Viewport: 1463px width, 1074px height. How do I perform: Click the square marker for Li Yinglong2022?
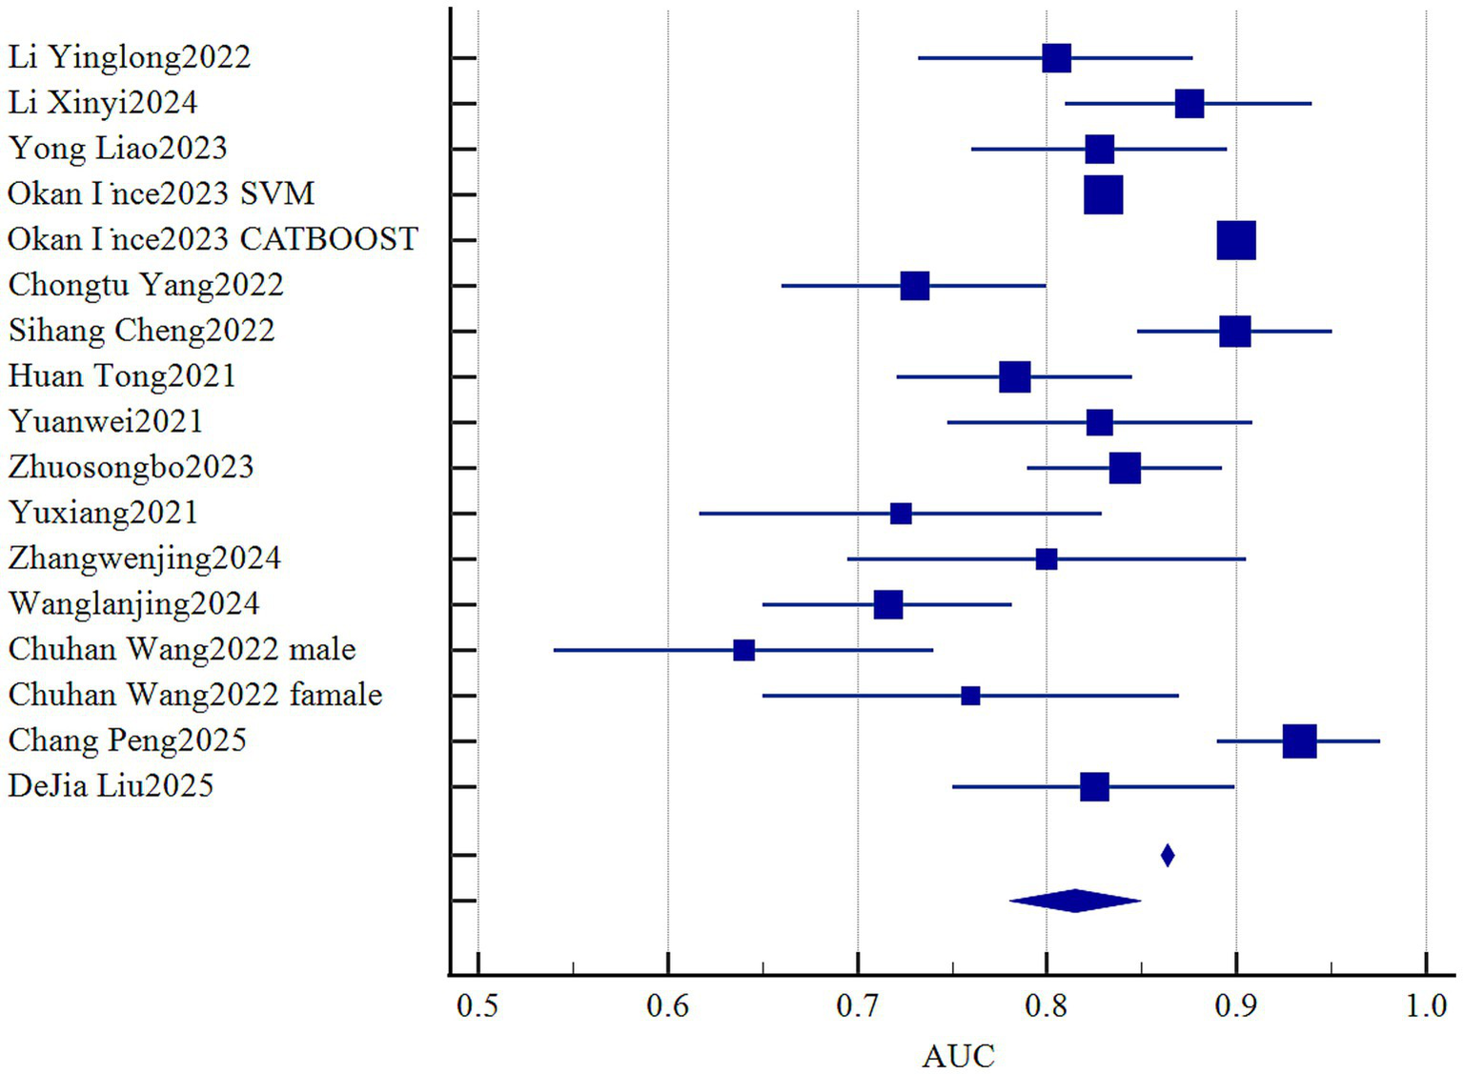(1056, 58)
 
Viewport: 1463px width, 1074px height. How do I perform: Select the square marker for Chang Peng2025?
(1299, 740)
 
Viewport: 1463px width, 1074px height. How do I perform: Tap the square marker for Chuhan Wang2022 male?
(743, 650)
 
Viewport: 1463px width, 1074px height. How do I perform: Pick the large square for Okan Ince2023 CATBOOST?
(1236, 240)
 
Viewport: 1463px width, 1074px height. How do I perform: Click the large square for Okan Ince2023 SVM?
(1103, 194)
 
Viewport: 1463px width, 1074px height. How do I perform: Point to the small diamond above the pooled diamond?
(1167, 856)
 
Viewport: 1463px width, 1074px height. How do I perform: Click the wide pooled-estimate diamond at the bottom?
(1075, 901)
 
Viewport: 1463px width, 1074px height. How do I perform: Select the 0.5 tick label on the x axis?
(478, 1006)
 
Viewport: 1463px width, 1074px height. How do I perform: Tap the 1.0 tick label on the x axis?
(1426, 1006)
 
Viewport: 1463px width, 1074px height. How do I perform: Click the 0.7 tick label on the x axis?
(857, 1006)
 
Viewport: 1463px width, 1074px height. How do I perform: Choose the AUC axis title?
(958, 1056)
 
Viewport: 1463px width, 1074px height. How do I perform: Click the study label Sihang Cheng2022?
(141, 331)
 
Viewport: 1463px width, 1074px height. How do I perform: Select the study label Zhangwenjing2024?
(145, 558)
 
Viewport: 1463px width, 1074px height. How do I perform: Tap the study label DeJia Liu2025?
(111, 786)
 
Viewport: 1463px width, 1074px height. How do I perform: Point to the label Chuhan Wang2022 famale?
(195, 695)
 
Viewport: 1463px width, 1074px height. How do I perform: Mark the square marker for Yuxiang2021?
(901, 514)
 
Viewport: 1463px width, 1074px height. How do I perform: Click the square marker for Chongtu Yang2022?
(914, 286)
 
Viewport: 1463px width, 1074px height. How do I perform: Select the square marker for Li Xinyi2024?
(1189, 104)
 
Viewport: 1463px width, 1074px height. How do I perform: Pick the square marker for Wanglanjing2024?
(887, 604)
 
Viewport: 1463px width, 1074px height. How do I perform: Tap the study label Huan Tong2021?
(122, 376)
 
